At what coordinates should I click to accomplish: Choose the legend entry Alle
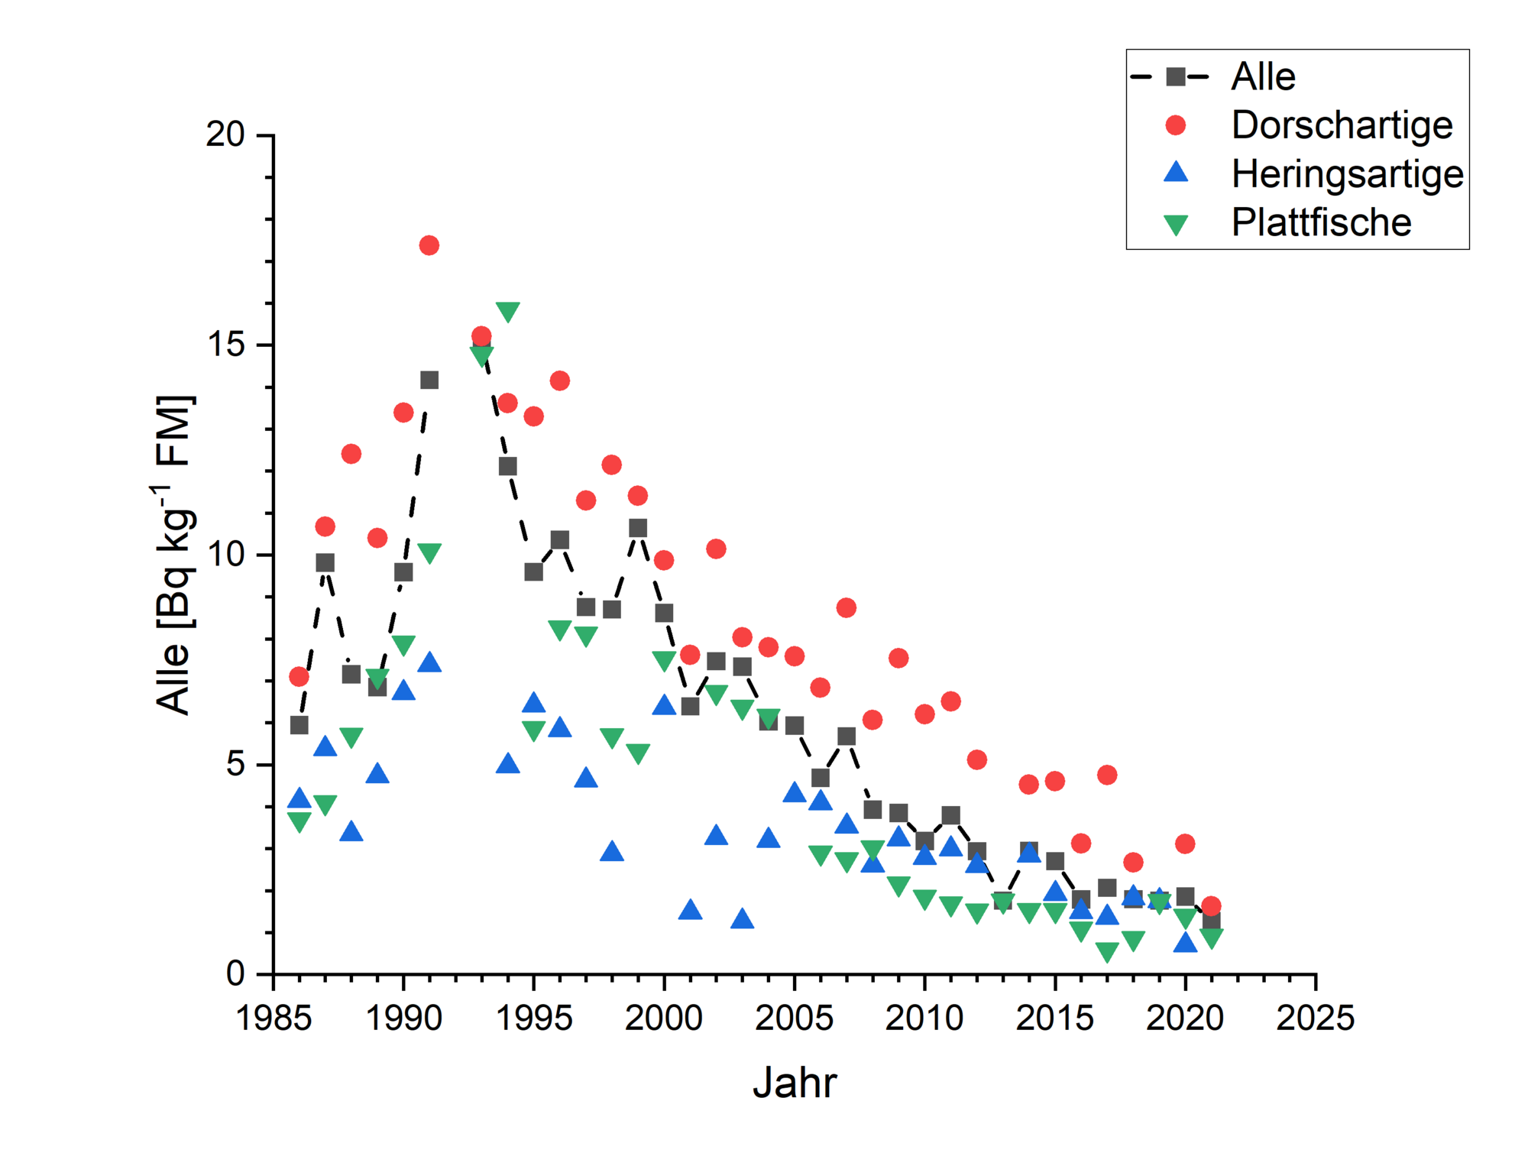pos(1263,77)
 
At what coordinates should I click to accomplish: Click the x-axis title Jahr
pos(795,1083)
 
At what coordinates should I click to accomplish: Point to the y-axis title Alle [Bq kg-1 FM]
pos(174,555)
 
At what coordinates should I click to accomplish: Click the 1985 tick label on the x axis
pos(274,1018)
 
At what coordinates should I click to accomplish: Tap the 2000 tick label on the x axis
pos(664,1018)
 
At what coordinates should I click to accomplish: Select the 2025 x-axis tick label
pos(1315,1018)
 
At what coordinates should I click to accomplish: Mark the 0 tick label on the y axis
pos(235,973)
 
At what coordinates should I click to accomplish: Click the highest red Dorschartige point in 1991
pos(429,245)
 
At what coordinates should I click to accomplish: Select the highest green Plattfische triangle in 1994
pos(507,311)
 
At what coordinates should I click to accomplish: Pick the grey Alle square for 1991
pos(429,380)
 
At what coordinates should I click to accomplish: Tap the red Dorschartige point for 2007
pos(846,607)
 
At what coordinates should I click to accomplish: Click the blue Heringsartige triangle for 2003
pos(742,919)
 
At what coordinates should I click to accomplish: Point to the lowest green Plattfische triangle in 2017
pos(1107,950)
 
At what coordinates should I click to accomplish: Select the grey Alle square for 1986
pos(299,725)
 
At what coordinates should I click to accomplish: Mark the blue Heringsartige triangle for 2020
pos(1185,943)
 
